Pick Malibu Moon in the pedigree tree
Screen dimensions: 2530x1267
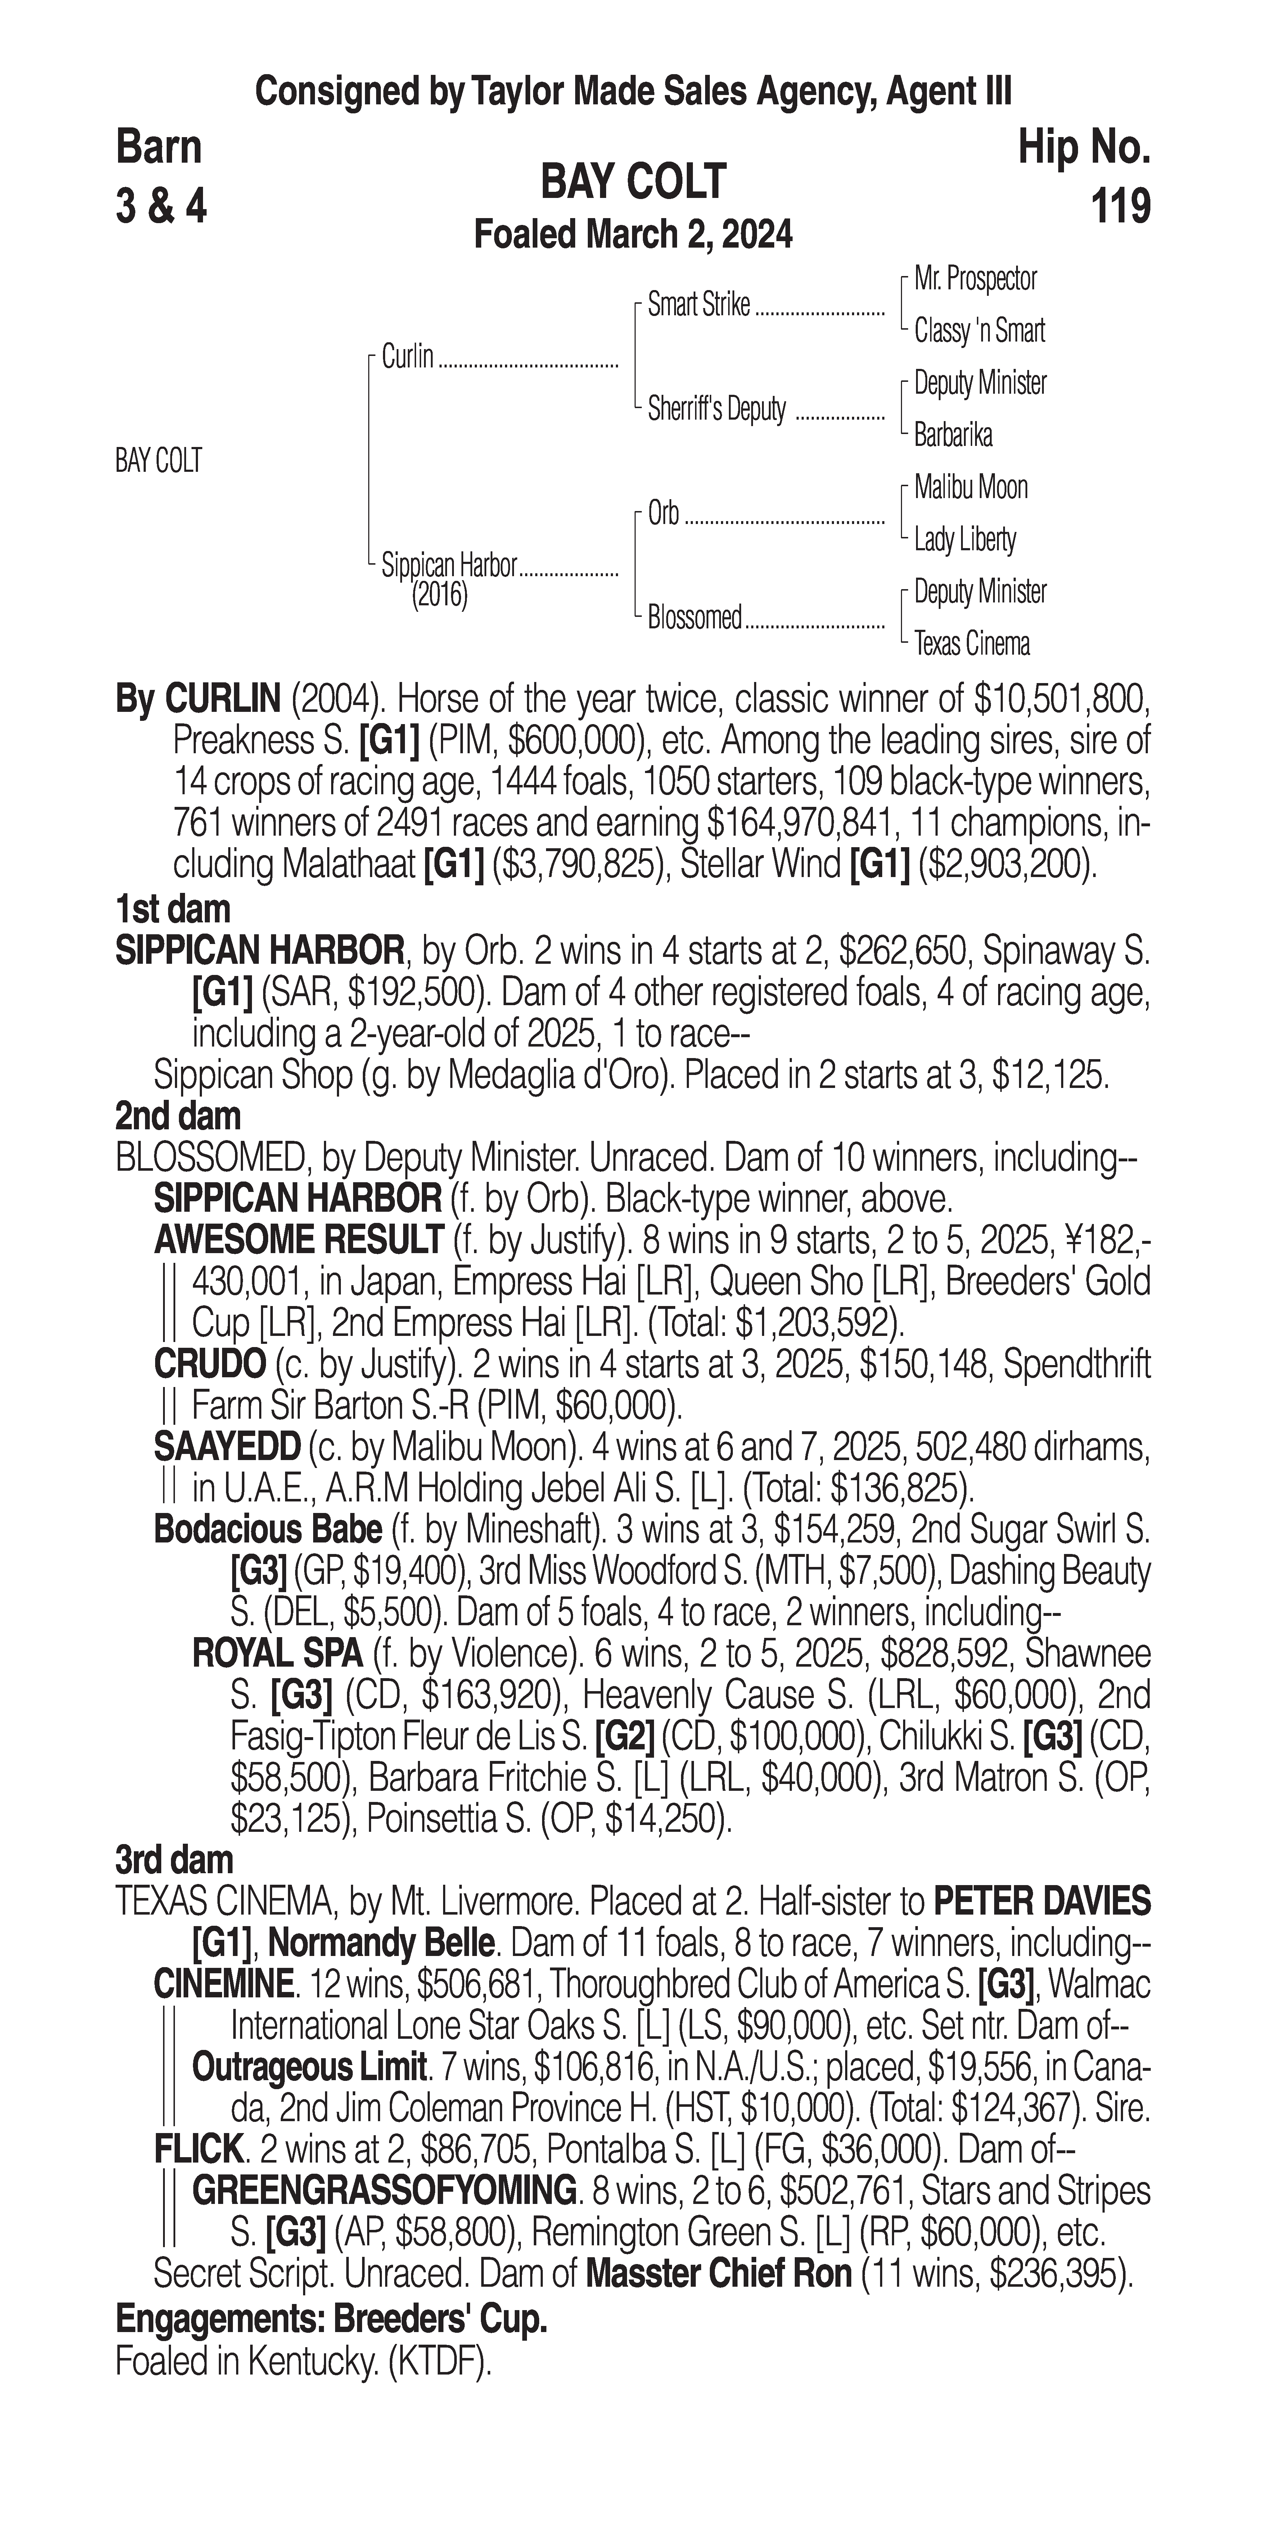coord(970,487)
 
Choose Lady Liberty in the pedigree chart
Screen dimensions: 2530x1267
coord(965,539)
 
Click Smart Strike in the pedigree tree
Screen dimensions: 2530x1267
coord(698,306)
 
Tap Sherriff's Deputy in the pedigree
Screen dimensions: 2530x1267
coord(717,410)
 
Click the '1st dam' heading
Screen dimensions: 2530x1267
coord(173,909)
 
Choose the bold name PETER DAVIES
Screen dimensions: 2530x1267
coord(1041,1902)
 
